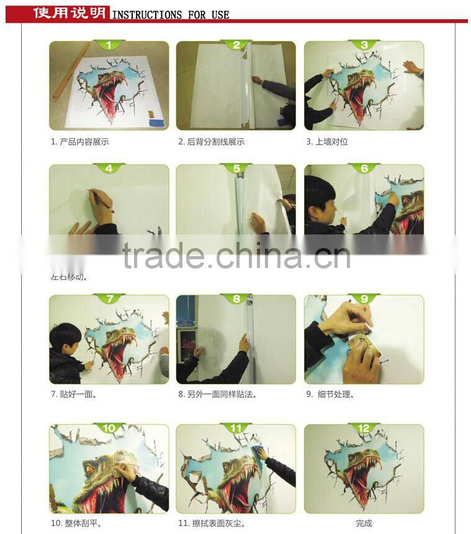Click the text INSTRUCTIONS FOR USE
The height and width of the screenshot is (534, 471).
pos(171,14)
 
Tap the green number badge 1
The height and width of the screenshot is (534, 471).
pos(109,45)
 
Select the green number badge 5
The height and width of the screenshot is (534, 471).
pos(236,169)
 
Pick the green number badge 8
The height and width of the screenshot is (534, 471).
pos(236,299)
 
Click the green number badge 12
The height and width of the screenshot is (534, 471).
pos(364,429)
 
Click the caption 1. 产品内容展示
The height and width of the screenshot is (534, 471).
pos(80,142)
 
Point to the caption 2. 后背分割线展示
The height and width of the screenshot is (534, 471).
pos(211,142)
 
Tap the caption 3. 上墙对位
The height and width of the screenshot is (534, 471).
pos(327,142)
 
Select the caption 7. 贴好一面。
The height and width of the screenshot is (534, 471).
pos(73,394)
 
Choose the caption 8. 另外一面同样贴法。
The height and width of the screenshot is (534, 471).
pos(217,394)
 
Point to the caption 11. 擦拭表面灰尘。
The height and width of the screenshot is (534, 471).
pos(211,523)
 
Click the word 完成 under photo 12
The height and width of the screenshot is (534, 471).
pos(364,523)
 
